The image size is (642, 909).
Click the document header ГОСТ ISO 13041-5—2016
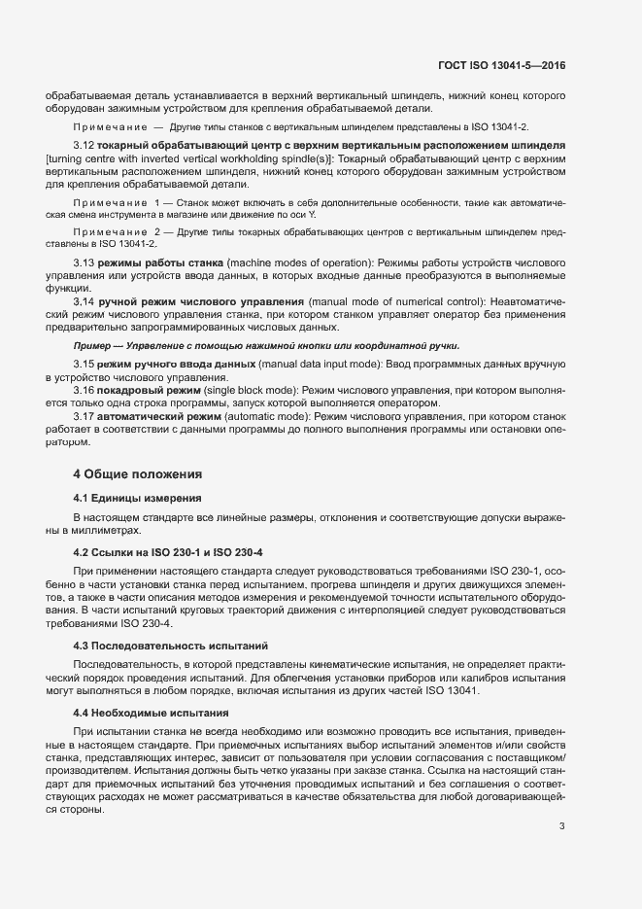(x=501, y=65)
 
